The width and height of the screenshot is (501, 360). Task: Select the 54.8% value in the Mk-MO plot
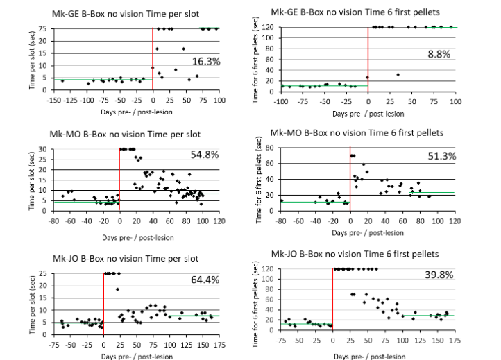205,155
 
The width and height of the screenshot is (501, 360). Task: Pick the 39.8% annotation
439,275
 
